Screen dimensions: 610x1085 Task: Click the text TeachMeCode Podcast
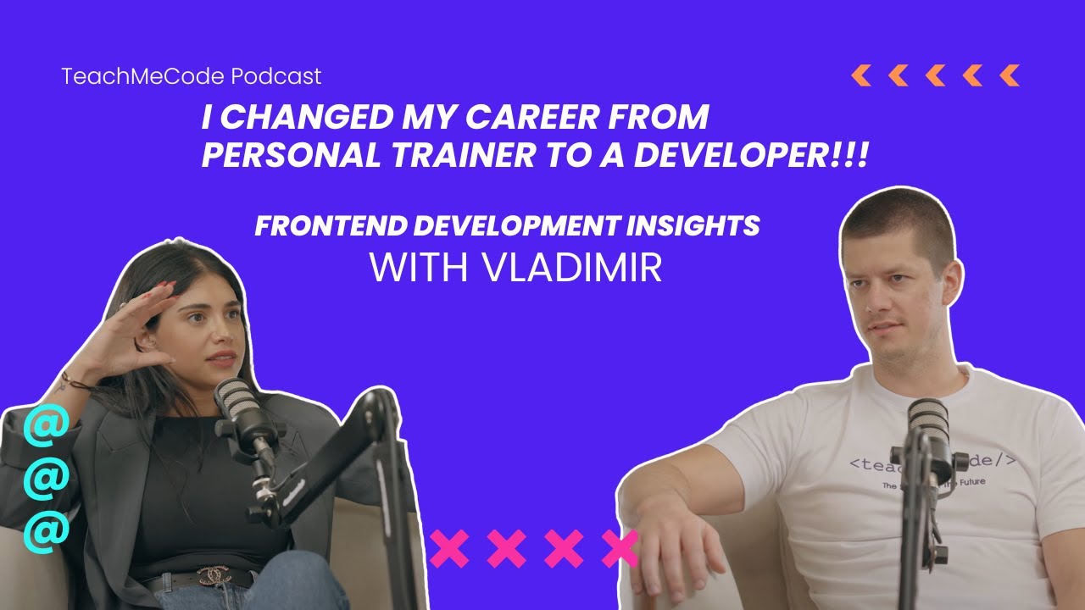pyautogui.click(x=191, y=76)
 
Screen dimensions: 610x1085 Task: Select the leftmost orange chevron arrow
pyautogui.click(x=860, y=75)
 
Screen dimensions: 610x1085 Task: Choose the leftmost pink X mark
pyautogui.click(x=448, y=549)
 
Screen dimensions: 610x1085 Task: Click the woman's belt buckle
pyautogui.click(x=214, y=577)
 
